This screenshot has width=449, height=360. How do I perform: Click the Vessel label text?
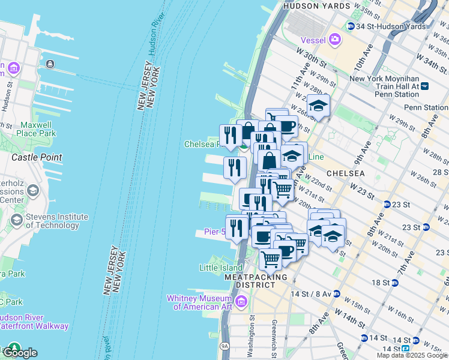(x=312, y=40)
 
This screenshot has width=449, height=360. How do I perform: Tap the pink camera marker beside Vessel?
(x=335, y=40)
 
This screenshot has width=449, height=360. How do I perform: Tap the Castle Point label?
(x=37, y=157)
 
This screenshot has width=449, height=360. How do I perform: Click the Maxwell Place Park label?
(x=38, y=129)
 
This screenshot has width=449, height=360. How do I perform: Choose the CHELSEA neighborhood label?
(x=345, y=173)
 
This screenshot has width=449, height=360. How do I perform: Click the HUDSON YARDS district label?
(x=316, y=6)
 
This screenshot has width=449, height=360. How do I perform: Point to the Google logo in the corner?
(x=19, y=352)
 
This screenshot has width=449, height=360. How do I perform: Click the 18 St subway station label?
(x=381, y=282)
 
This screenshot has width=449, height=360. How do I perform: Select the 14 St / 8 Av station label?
(x=314, y=294)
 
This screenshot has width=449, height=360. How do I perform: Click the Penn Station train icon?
(x=425, y=86)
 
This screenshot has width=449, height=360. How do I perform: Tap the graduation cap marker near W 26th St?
(x=318, y=106)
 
